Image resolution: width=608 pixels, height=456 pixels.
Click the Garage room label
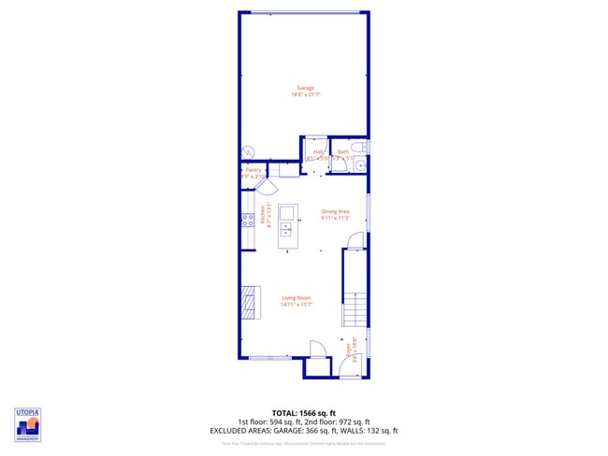tap(305, 88)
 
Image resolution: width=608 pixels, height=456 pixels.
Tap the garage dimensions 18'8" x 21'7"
tap(305, 94)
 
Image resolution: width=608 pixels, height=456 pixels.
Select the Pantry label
tap(253, 170)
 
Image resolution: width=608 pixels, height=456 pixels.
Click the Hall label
tap(318, 151)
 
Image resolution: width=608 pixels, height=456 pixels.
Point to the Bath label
tap(342, 151)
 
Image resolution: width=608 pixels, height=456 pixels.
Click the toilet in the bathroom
tap(366, 148)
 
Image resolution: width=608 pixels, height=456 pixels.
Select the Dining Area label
tap(335, 211)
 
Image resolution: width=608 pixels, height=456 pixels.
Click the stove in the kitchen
tap(248, 221)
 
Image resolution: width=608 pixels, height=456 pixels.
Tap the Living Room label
tap(297, 298)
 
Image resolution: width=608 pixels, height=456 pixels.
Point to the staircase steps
tap(354, 308)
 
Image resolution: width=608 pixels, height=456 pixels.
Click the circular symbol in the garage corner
tap(249, 152)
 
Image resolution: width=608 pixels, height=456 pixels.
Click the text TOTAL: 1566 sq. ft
tap(304, 412)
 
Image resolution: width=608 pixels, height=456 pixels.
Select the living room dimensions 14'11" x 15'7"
tap(297, 305)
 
